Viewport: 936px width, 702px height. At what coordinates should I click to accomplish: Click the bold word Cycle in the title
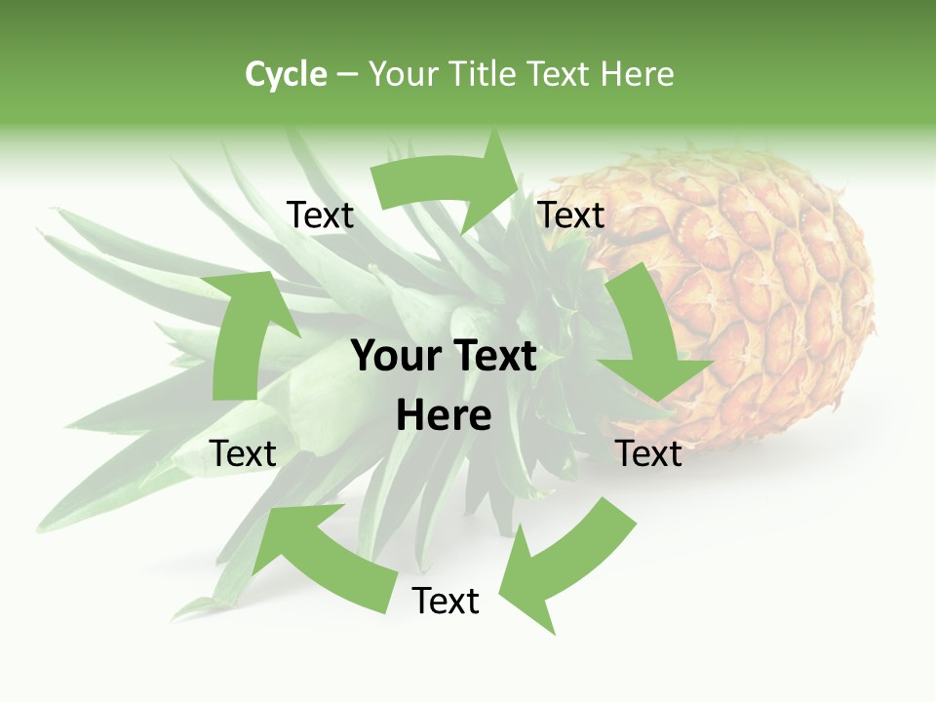[286, 74]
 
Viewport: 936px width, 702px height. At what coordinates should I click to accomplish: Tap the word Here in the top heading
[638, 74]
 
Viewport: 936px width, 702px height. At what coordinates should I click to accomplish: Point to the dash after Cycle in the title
[347, 75]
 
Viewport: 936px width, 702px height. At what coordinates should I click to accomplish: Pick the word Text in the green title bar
[560, 74]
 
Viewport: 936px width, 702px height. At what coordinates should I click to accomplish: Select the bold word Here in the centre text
[444, 415]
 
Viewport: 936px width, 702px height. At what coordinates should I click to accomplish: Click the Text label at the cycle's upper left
[320, 215]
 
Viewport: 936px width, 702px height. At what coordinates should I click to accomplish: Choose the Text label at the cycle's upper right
[571, 215]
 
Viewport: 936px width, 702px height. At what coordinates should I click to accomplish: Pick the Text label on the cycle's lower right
[648, 453]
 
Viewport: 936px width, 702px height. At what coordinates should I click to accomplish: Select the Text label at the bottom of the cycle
[446, 602]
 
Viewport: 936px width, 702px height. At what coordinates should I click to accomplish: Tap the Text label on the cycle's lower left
[243, 453]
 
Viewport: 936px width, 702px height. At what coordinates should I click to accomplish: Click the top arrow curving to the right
[448, 180]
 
